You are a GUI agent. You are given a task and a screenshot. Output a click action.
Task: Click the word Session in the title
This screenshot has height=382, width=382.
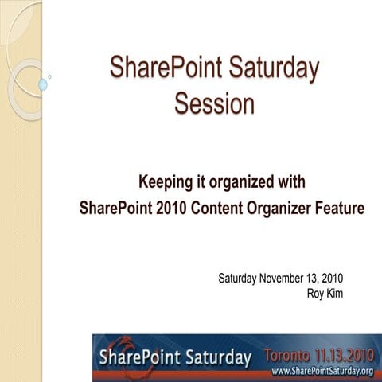215,103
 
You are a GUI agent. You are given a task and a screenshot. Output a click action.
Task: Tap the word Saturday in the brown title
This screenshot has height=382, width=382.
270,68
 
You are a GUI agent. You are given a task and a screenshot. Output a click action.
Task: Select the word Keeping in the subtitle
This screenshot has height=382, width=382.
166,182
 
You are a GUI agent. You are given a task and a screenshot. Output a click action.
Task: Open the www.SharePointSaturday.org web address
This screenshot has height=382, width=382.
322,372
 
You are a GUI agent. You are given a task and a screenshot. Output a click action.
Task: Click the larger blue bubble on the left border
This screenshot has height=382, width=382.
43,84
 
